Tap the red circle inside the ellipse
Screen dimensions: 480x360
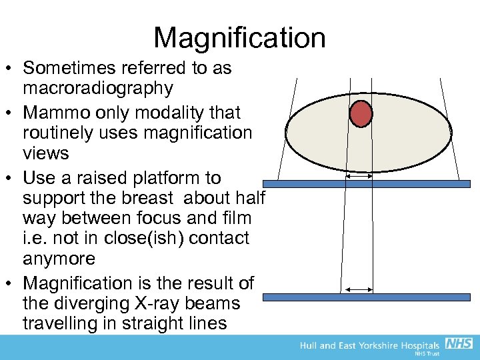(x=361, y=113)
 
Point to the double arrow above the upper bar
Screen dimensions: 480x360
(x=359, y=177)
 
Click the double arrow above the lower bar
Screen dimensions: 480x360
(x=357, y=289)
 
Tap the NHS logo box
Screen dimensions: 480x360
(x=459, y=344)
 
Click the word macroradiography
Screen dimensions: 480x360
(x=98, y=88)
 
